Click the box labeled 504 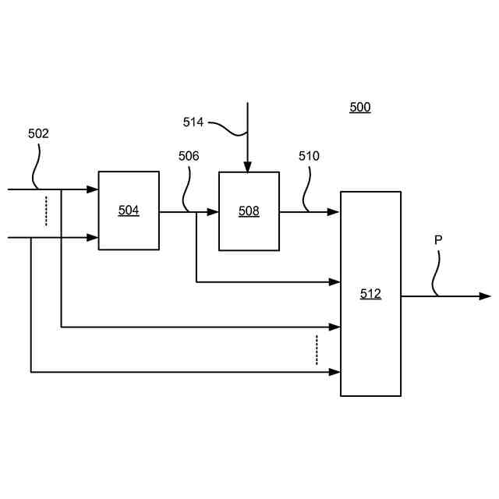pyautogui.click(x=129, y=211)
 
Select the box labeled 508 pyautogui.click(x=249, y=211)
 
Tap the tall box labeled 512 pyautogui.click(x=370, y=294)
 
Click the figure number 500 pyautogui.click(x=359, y=108)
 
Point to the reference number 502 pyautogui.click(x=38, y=133)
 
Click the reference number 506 pyautogui.click(x=189, y=156)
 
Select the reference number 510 pyautogui.click(x=309, y=156)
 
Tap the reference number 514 pyautogui.click(x=193, y=122)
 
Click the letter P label pyautogui.click(x=438, y=240)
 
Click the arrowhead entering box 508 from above pyautogui.click(x=248, y=167)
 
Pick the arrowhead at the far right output pyautogui.click(x=485, y=296)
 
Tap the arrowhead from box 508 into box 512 pyautogui.click(x=334, y=211)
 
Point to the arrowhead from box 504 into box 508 pyautogui.click(x=212, y=211)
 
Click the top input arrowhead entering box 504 pyautogui.click(x=92, y=189)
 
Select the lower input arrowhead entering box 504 pyautogui.click(x=92, y=237)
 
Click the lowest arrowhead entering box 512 pyautogui.click(x=334, y=372)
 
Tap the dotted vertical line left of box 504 pyautogui.click(x=46, y=211)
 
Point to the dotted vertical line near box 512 pyautogui.click(x=317, y=350)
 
